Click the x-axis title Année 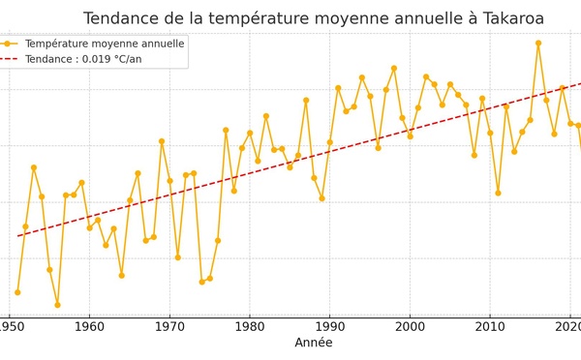click(x=314, y=343)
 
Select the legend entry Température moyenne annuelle click(x=105, y=44)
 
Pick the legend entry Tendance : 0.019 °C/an click(x=84, y=59)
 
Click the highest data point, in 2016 click(x=538, y=43)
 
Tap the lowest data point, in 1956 click(x=57, y=305)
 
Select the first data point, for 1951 click(x=17, y=292)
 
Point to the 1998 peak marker click(x=394, y=68)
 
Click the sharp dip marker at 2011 click(x=498, y=193)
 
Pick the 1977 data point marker click(x=226, y=130)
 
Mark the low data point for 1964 click(x=121, y=275)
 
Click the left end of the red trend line click(x=17, y=236)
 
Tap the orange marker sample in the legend click(x=8, y=44)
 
